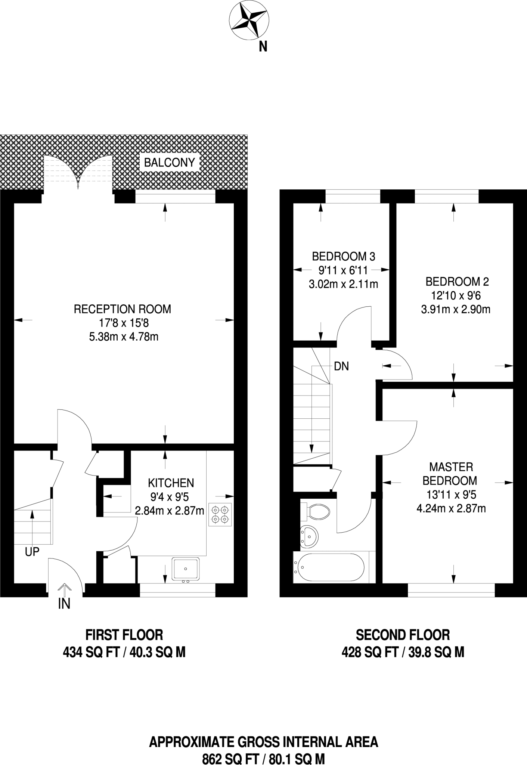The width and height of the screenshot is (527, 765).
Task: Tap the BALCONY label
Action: tap(170, 162)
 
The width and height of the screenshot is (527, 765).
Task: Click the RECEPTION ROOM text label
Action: tap(123, 309)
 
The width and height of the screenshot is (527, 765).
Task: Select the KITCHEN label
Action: tap(171, 483)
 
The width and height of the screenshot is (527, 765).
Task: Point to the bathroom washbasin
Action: tap(309, 537)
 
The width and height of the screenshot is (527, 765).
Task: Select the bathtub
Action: tap(329, 567)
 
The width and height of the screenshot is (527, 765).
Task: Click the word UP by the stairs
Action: tap(32, 552)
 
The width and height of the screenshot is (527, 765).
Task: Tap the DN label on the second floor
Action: tap(341, 366)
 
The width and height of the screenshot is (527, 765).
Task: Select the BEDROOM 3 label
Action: tap(344, 257)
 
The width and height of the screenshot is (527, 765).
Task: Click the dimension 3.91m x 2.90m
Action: tap(455, 310)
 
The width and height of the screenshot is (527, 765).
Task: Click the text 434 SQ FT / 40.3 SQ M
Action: tap(124, 653)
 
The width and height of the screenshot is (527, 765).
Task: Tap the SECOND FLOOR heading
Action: tap(403, 635)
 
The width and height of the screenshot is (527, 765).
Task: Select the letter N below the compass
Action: tap(263, 47)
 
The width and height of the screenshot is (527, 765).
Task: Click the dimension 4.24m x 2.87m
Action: tap(451, 508)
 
